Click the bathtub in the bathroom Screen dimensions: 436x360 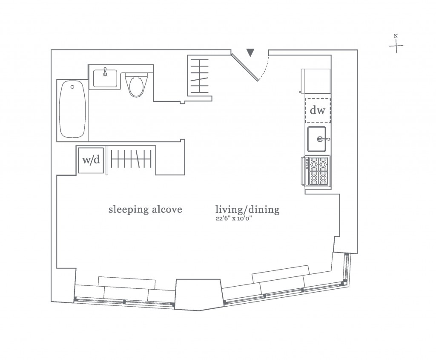[x=72, y=109]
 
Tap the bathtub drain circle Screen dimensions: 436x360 [x=72, y=87]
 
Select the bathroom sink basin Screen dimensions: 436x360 [x=105, y=78]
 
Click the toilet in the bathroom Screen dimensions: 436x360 [x=137, y=85]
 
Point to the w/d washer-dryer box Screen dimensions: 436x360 [x=91, y=160]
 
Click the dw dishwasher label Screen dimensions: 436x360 [x=317, y=110]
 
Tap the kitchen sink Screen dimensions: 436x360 [x=317, y=139]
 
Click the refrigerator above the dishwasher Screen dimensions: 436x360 [x=316, y=81]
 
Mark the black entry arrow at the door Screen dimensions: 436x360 [x=250, y=52]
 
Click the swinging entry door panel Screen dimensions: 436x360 [x=245, y=67]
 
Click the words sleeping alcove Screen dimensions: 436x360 [x=145, y=209]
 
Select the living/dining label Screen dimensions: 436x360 [x=247, y=209]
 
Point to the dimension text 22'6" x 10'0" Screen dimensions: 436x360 [x=234, y=218]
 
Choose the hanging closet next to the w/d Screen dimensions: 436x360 [x=131, y=159]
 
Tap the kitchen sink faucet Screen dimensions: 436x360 [x=324, y=139]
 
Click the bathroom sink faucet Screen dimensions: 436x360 [x=105, y=72]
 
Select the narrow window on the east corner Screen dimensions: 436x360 [x=346, y=268]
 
